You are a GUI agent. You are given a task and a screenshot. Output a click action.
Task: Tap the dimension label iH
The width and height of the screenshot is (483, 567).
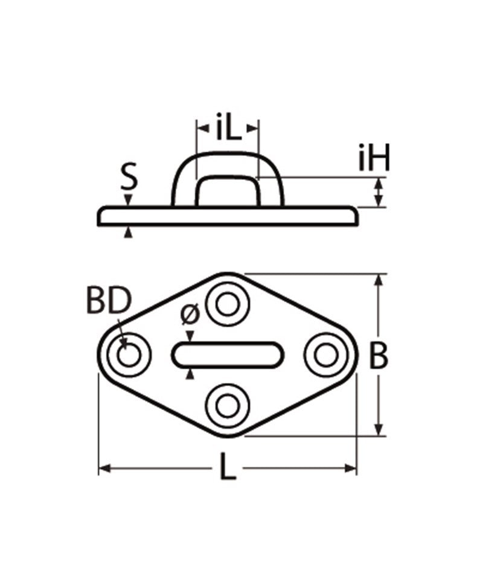coord(374,160)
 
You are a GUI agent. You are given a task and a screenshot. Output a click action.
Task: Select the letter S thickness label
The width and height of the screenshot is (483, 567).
coord(128,179)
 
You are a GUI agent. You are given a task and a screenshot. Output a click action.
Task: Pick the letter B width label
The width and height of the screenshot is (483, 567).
coord(379,356)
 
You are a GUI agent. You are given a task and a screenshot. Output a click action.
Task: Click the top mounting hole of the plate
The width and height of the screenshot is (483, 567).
coord(228,306)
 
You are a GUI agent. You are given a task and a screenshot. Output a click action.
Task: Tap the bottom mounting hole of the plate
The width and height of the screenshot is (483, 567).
coord(228,405)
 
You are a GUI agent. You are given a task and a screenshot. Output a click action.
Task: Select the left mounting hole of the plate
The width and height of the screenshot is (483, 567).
coord(128,356)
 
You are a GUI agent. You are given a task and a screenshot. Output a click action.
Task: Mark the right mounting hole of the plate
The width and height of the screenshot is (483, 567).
coord(327,356)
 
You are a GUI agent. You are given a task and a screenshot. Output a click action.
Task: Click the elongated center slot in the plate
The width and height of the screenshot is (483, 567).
coord(228,355)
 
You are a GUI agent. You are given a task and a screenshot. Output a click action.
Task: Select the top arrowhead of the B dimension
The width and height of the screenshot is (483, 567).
coord(379,279)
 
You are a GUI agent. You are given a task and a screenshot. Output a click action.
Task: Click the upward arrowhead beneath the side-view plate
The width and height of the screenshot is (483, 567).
coord(127,232)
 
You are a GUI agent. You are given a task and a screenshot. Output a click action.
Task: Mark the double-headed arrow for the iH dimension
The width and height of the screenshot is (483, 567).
coord(379,193)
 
